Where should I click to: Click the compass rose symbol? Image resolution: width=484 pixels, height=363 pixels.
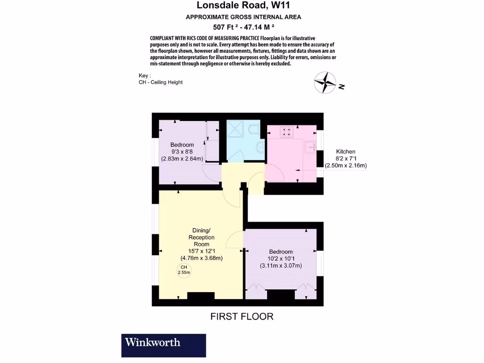(325, 82)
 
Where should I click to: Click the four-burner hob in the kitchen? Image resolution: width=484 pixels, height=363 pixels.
(286, 131)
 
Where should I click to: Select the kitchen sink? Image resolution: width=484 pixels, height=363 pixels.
(311, 147)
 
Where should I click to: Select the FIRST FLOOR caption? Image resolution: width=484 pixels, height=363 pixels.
(242, 316)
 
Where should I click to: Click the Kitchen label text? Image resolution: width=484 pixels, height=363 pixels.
(346, 152)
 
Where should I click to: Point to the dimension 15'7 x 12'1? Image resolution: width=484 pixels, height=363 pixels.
(201, 251)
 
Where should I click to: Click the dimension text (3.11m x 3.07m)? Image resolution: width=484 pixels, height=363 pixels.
(281, 266)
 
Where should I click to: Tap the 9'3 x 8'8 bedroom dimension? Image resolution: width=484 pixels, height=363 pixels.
(182, 152)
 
